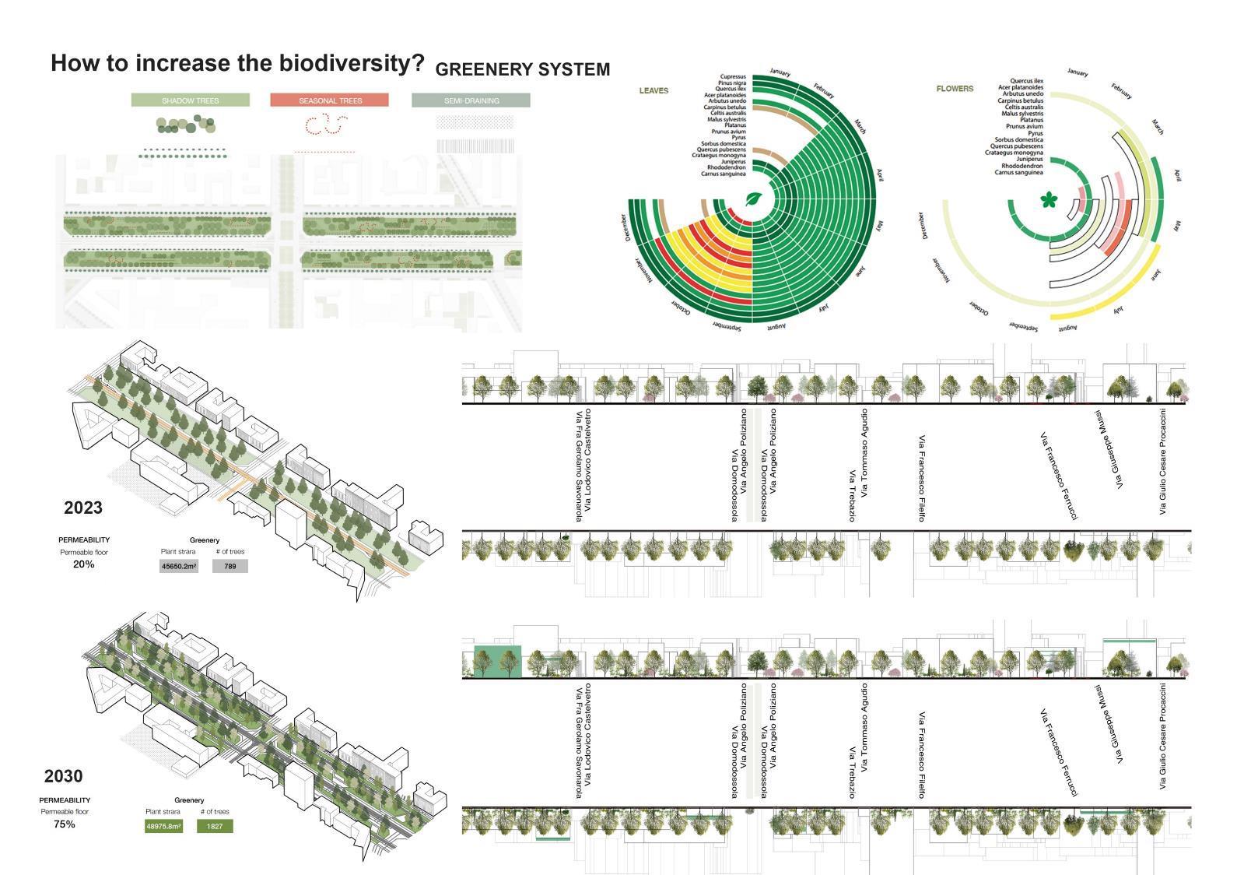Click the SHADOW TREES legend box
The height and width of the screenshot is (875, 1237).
click(191, 100)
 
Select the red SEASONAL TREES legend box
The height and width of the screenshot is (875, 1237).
click(330, 100)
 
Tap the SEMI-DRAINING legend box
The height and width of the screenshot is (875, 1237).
click(471, 100)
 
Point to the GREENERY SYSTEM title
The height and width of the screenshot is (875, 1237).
click(522, 70)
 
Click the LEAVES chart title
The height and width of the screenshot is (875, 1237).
click(654, 90)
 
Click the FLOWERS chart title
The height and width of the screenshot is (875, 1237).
click(955, 89)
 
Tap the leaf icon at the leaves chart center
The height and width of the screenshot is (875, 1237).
click(754, 199)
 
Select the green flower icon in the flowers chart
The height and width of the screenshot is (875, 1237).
click(1049, 201)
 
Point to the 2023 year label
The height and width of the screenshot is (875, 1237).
click(83, 508)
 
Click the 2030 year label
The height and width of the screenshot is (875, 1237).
click(64, 776)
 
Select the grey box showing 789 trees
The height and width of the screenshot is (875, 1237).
click(230, 567)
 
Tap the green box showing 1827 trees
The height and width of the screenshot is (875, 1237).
click(215, 826)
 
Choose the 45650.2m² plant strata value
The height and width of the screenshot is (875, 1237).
click(179, 567)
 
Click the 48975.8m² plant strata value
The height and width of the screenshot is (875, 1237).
click(163, 826)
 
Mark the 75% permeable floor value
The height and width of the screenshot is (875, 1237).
click(65, 824)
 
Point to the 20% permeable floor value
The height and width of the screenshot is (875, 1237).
click(84, 564)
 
